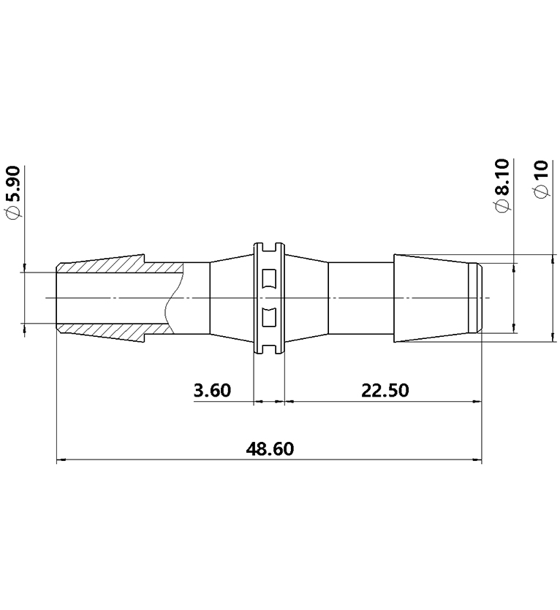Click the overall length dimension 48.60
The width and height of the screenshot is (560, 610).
point(270,449)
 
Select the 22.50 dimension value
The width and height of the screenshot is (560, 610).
point(385,390)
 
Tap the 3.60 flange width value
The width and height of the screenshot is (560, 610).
point(212,390)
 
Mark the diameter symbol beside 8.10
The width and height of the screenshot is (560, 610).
point(503,207)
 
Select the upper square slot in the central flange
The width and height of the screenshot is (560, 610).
point(268,278)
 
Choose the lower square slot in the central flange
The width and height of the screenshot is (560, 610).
point(268,318)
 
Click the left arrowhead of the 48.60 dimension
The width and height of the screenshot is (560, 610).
point(61,460)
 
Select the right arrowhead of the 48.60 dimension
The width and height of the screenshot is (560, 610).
point(477,460)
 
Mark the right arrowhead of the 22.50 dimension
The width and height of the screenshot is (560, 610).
point(477,401)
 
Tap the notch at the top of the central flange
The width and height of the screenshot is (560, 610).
point(268,245)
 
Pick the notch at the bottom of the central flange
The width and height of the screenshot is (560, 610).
point(268,351)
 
